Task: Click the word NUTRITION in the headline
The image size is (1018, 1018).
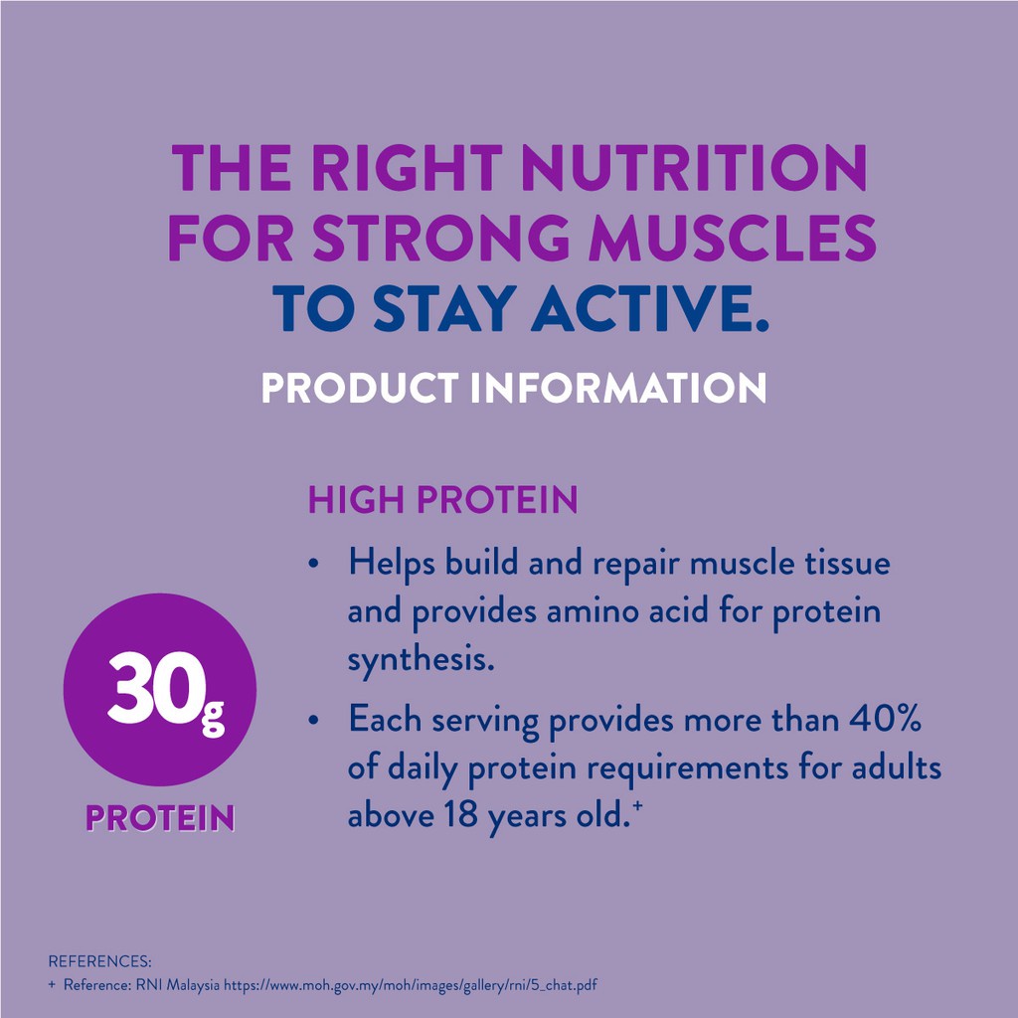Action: click(x=694, y=167)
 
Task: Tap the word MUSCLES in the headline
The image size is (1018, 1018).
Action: click(x=733, y=239)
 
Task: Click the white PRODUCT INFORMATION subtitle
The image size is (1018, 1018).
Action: click(x=514, y=388)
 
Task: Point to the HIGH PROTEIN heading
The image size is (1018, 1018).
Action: click(x=442, y=499)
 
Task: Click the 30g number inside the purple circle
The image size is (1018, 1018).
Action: click(x=166, y=690)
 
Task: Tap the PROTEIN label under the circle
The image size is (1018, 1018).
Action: click(x=160, y=817)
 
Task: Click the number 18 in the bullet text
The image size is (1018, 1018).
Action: click(x=461, y=815)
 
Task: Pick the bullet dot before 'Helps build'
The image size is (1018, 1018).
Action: click(x=314, y=563)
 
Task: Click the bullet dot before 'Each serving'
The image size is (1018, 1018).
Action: click(x=314, y=720)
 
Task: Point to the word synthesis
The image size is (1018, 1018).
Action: click(x=422, y=661)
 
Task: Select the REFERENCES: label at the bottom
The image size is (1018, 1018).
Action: click(x=99, y=961)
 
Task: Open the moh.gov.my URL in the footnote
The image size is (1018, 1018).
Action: click(x=411, y=985)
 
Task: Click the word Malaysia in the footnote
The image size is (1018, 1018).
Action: click(x=194, y=985)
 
